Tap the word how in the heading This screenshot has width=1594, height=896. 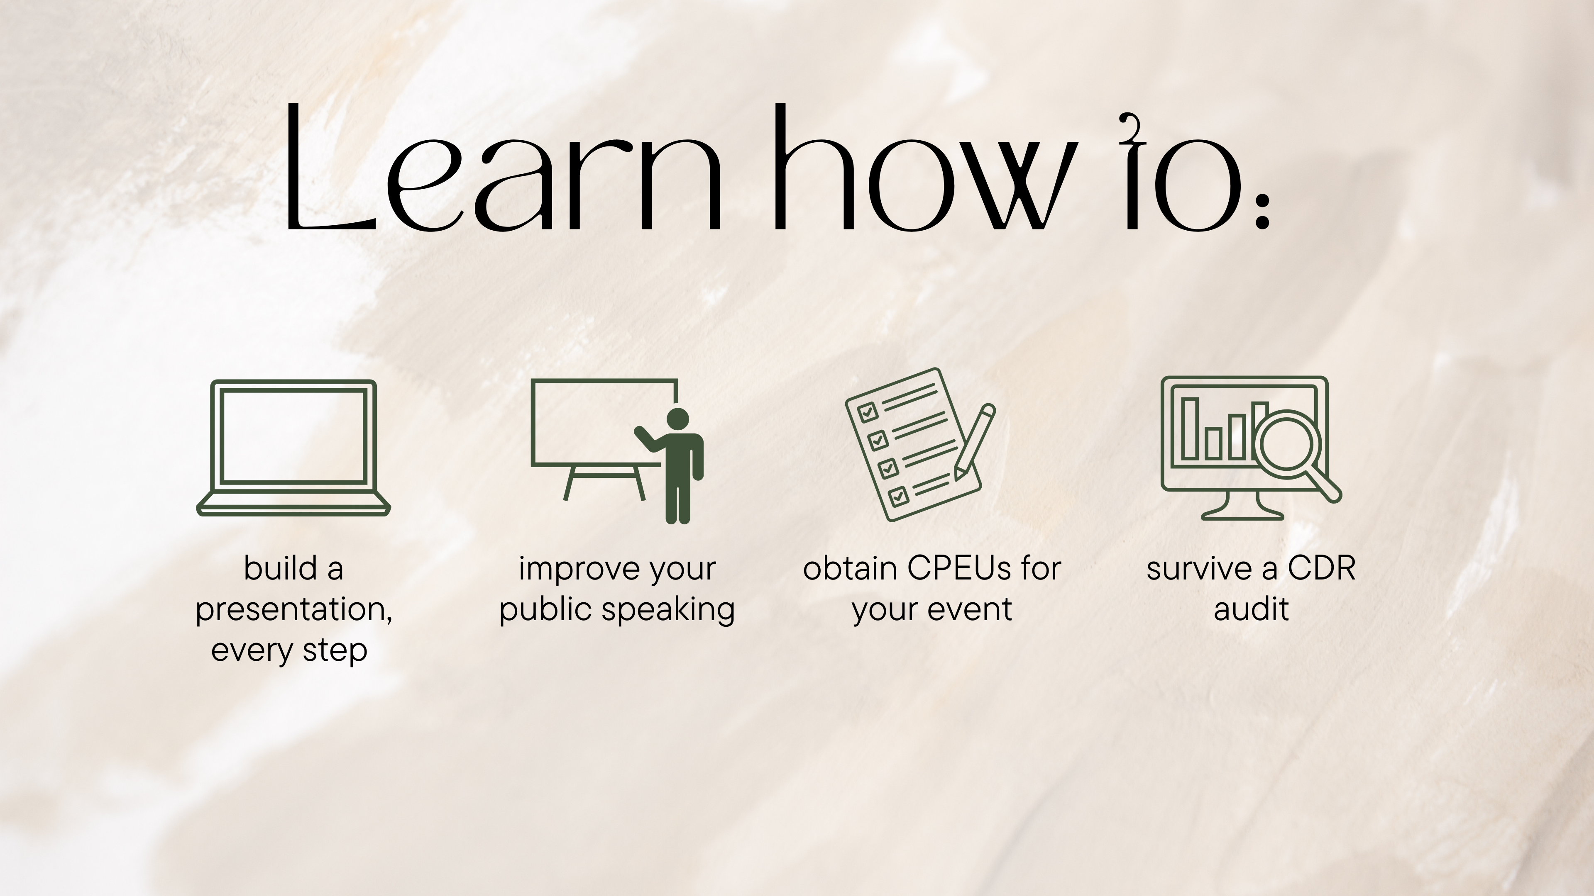click(x=922, y=167)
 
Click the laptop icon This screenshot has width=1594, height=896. click(x=293, y=448)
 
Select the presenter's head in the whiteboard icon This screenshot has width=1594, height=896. click(x=679, y=419)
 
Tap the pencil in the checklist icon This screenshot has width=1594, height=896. click(x=974, y=441)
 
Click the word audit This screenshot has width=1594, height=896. click(x=1251, y=609)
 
